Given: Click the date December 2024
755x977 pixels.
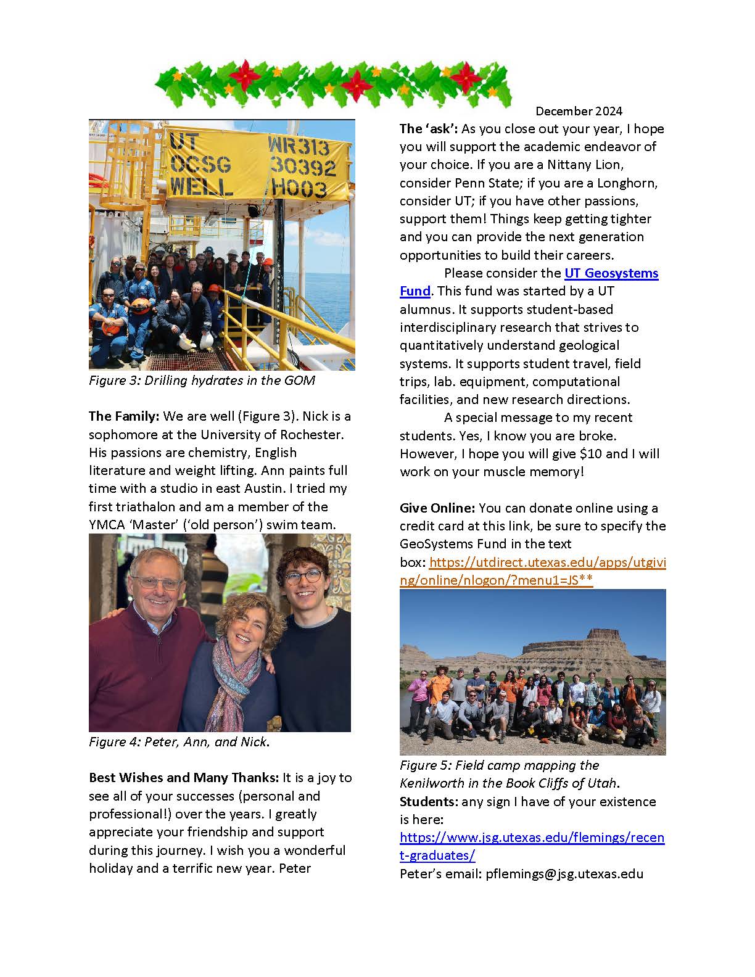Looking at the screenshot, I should click(x=579, y=111).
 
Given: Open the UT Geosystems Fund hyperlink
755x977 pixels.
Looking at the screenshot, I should click(x=611, y=273).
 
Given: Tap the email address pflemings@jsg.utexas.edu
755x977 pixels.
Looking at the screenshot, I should click(x=564, y=874).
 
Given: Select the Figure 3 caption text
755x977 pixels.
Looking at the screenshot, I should click(x=202, y=381).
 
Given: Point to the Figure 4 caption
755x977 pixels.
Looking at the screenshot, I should click(x=179, y=742).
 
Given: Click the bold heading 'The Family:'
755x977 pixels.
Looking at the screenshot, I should click(x=124, y=416).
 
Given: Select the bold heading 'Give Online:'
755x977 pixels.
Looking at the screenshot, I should click(x=437, y=508).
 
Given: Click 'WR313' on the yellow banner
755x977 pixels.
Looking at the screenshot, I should click(x=299, y=147).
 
